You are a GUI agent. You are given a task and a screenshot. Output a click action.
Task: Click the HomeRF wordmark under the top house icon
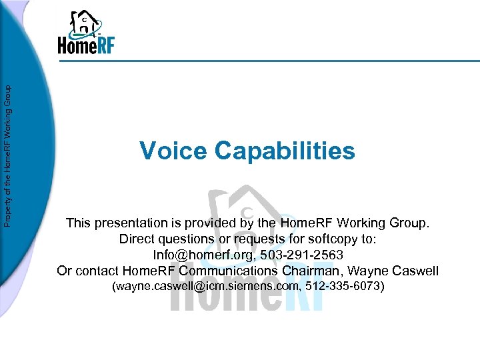tap(87, 45)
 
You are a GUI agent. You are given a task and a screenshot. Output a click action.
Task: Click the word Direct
tap(137, 239)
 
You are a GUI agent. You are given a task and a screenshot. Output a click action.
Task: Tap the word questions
tap(187, 239)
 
